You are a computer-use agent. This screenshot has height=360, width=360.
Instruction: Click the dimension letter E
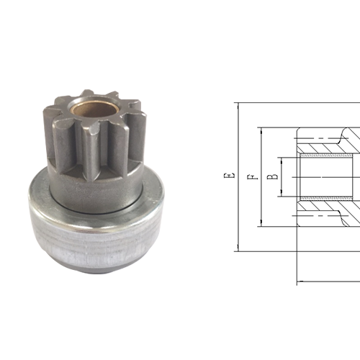229,175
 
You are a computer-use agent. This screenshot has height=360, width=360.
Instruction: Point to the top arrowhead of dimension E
236,106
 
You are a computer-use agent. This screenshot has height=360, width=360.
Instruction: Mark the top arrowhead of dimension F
258,131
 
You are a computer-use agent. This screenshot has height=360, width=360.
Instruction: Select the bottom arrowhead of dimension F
258,222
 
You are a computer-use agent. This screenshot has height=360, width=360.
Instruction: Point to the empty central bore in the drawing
324,176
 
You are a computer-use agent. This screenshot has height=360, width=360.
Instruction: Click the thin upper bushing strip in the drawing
324,155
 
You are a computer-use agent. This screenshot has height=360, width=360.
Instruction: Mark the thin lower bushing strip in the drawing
324,199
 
